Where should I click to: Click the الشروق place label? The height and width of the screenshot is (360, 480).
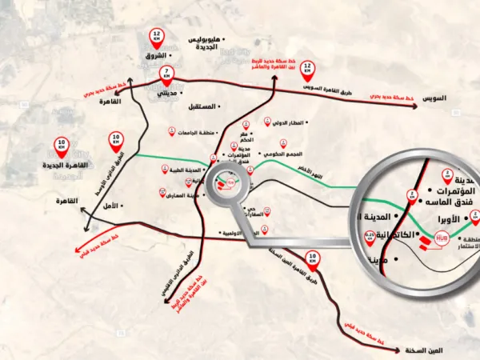tap(157, 55)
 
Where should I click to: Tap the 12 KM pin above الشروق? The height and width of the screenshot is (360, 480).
tap(157, 37)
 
